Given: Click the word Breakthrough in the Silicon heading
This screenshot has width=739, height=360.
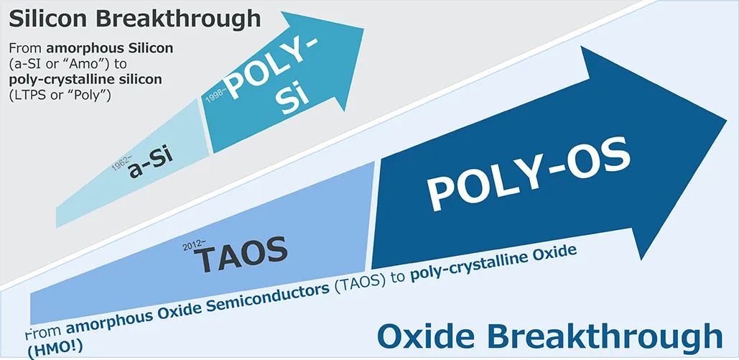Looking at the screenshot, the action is point(182,20).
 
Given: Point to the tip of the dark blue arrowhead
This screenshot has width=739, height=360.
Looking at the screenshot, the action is point(726,119).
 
